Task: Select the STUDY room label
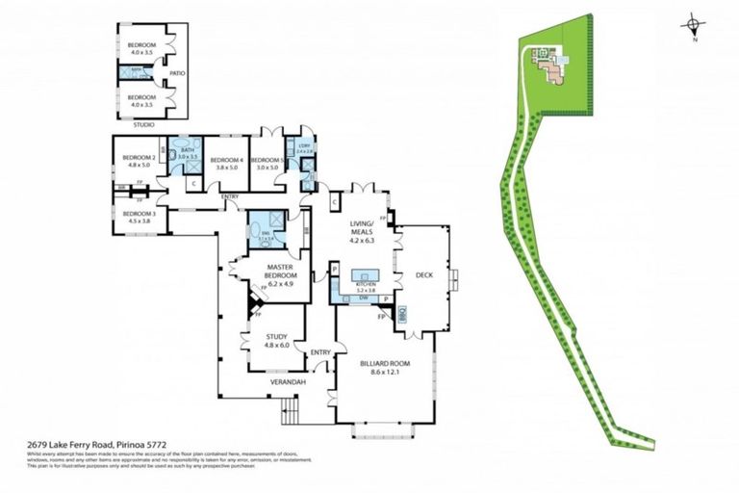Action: coord(276,336)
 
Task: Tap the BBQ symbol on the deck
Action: coord(402,313)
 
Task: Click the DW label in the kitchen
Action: coord(364,298)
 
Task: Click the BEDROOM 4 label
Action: coord(226,160)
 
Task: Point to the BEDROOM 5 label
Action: coord(267,160)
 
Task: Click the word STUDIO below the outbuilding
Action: coord(143,124)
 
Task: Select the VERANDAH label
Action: coord(288,382)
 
